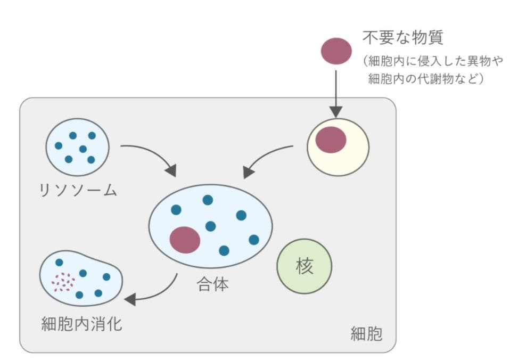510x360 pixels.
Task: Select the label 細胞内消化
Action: [x=81, y=323]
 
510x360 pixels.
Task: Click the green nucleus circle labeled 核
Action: [x=305, y=266]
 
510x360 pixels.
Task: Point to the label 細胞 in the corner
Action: [x=366, y=334]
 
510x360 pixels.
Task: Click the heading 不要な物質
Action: [x=403, y=38]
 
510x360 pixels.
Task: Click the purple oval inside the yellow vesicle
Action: [x=331, y=140]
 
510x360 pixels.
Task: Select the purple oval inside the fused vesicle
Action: [x=185, y=240]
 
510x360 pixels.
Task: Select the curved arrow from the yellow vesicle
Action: [x=266, y=160]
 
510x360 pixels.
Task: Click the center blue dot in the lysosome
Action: [x=83, y=149]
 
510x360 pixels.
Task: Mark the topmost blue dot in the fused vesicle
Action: [x=208, y=200]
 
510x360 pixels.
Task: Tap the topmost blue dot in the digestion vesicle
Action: [x=59, y=263]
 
